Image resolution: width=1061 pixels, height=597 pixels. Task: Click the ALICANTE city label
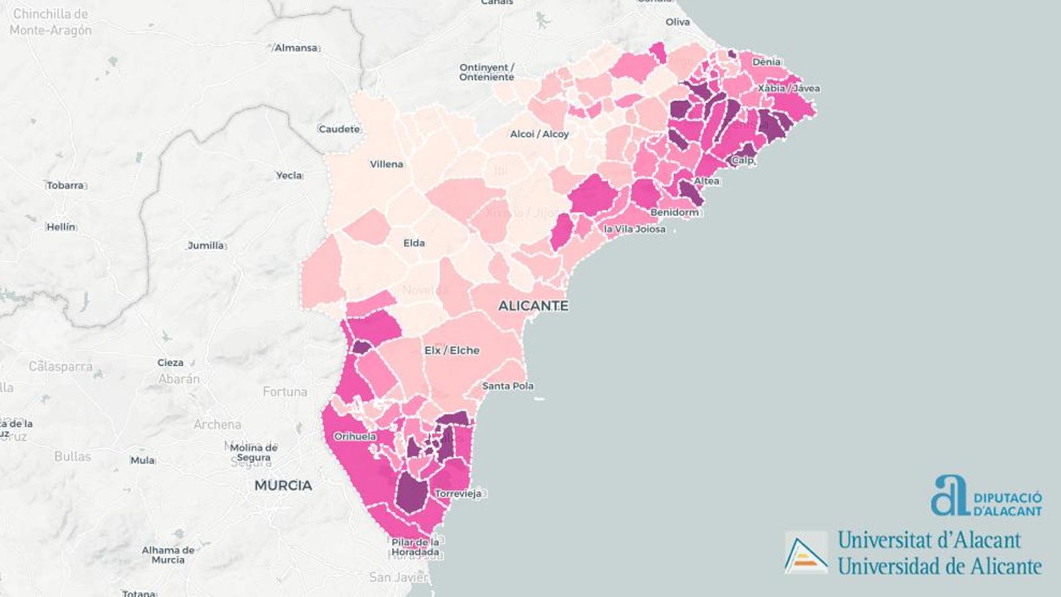(533, 306)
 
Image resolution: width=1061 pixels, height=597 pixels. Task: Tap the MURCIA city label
(283, 486)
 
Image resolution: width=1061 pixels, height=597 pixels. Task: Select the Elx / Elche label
(452, 350)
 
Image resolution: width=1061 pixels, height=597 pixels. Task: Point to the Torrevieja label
(458, 494)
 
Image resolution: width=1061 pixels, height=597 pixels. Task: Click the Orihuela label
(355, 436)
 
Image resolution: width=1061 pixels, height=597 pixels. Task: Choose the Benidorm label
(674, 212)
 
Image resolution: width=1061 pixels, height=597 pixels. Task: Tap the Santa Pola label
(507, 386)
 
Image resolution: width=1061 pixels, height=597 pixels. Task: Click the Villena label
(387, 164)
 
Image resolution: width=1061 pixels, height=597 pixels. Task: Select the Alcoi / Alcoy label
(539, 134)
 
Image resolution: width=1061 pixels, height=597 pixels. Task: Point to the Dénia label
(766, 62)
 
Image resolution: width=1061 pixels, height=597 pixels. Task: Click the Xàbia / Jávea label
(789, 88)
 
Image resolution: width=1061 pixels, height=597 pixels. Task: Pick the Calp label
(743, 160)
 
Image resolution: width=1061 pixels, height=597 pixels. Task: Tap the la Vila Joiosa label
(635, 229)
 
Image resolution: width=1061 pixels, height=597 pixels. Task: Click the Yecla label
(288, 175)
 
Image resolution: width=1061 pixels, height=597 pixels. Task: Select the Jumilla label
(206, 245)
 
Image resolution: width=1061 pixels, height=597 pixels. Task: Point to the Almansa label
(296, 48)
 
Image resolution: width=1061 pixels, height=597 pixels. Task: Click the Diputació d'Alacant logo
(986, 496)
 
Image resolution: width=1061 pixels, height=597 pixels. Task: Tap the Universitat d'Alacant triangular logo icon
(806, 552)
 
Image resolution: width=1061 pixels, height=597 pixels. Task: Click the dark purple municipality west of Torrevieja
(412, 494)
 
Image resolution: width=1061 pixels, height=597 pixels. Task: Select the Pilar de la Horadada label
(415, 547)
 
